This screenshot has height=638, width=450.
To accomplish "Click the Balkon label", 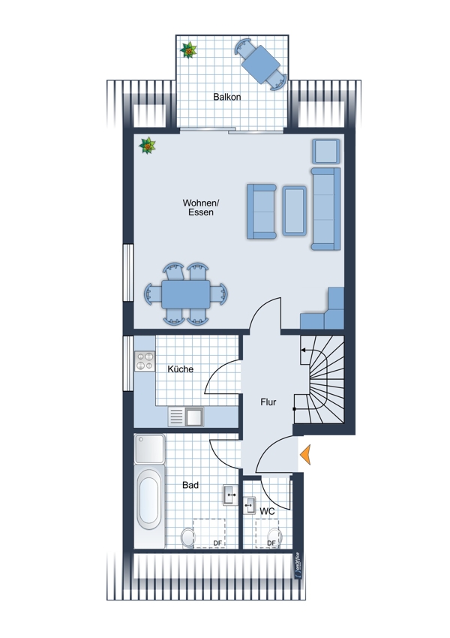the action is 226,97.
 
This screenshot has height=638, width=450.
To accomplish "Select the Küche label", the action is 181,369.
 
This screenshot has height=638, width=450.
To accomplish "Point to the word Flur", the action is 268,402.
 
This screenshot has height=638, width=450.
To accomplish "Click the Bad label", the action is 190,485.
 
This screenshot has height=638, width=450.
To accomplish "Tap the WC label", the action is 267,511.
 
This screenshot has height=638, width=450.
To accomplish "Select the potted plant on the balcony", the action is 188,50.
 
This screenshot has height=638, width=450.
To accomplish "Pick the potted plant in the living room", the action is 147,146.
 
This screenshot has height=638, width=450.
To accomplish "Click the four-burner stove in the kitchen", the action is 145,361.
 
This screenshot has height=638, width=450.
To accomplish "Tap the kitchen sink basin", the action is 194,417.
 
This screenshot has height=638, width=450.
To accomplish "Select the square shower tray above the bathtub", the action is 149,449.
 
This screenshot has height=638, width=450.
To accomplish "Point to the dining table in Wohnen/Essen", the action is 186,294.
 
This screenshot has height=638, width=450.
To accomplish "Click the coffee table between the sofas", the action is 294,211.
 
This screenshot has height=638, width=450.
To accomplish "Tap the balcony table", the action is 260,64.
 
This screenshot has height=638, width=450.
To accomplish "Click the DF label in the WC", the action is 271,543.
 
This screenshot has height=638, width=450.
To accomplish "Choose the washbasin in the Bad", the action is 230,495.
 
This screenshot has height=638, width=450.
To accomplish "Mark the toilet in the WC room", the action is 274,537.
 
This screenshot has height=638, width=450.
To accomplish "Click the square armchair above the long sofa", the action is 326,152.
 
